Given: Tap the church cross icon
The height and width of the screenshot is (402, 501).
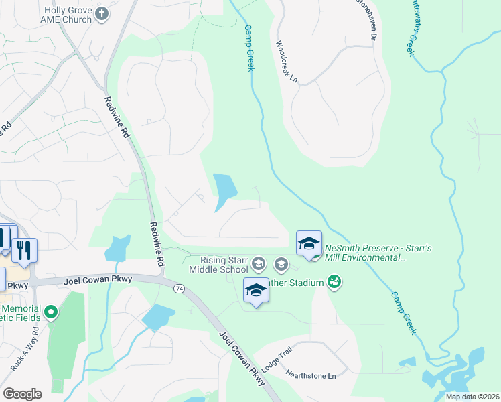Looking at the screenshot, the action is pyautogui.click(x=102, y=14).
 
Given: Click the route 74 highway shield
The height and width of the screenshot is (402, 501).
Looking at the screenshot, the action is pyautogui.click(x=179, y=288).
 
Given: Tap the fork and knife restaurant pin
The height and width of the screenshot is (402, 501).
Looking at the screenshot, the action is pyautogui.click(x=24, y=250).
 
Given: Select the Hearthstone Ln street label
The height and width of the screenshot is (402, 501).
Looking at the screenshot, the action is pyautogui.click(x=310, y=375).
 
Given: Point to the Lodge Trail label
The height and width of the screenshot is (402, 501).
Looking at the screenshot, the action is pyautogui.click(x=277, y=358).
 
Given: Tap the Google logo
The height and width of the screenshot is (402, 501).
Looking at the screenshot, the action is pyautogui.click(x=22, y=394).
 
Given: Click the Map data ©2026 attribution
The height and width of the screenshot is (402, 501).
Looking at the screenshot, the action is pyautogui.click(x=472, y=397).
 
